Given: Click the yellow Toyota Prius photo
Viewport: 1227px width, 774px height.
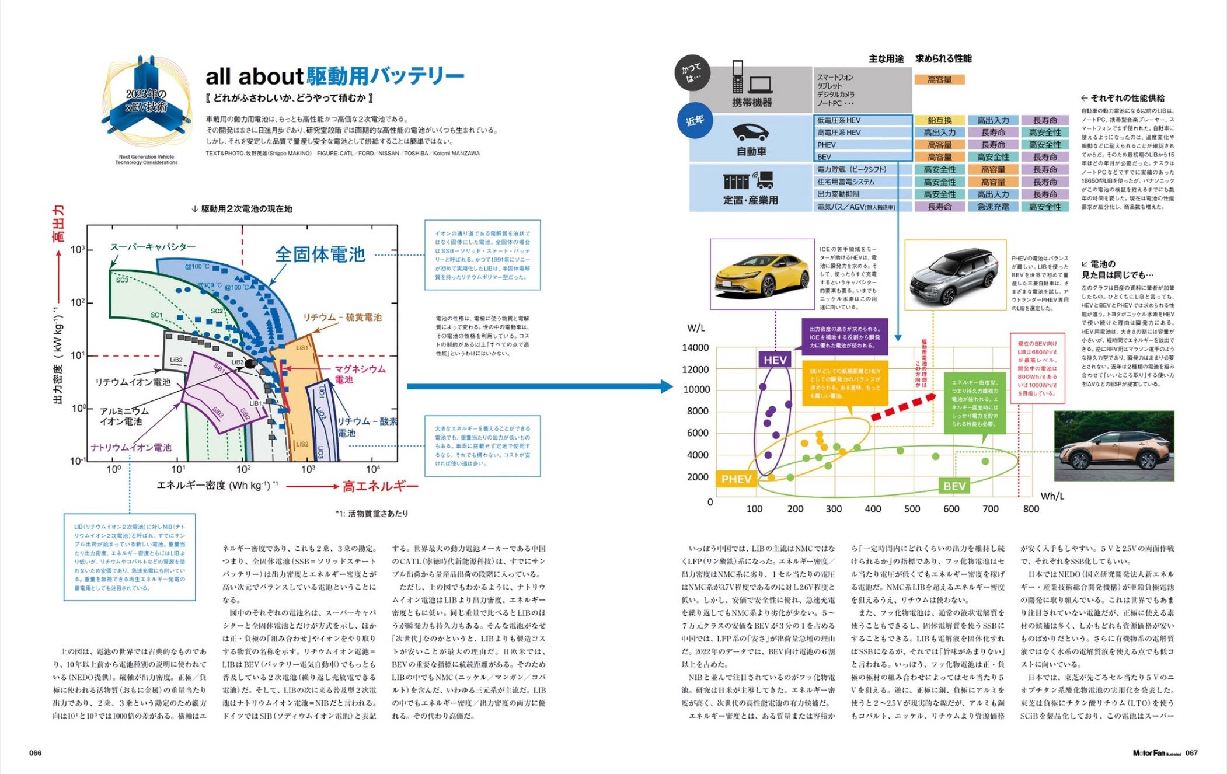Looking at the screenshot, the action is click(761, 275).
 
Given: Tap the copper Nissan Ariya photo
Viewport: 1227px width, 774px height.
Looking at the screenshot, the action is click(1114, 446).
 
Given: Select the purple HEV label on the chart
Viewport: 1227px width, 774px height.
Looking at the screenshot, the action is click(775, 360).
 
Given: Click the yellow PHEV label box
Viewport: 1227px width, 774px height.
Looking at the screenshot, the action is click(735, 479).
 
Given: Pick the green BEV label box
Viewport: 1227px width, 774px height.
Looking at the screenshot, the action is click(954, 486).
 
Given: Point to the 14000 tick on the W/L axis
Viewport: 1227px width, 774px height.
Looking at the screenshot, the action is click(695, 348).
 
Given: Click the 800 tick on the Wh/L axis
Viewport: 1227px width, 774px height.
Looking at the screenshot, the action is click(1031, 509).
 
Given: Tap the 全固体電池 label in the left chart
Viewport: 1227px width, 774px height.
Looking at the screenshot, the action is click(320, 254).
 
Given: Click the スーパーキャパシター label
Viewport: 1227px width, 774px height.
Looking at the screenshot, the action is click(153, 247).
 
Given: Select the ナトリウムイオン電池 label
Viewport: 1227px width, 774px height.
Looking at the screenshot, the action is click(131, 448).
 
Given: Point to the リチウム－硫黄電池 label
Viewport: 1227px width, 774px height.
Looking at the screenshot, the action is click(342, 318).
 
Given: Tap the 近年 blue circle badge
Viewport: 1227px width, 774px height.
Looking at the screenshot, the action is click(695, 121).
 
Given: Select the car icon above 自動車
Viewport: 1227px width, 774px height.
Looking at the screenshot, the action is click(751, 133).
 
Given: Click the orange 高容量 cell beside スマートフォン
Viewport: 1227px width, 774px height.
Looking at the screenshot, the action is click(939, 80).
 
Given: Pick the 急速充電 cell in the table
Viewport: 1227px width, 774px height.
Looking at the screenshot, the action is click(993, 207).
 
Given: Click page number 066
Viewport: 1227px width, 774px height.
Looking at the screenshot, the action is click(36, 753).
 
